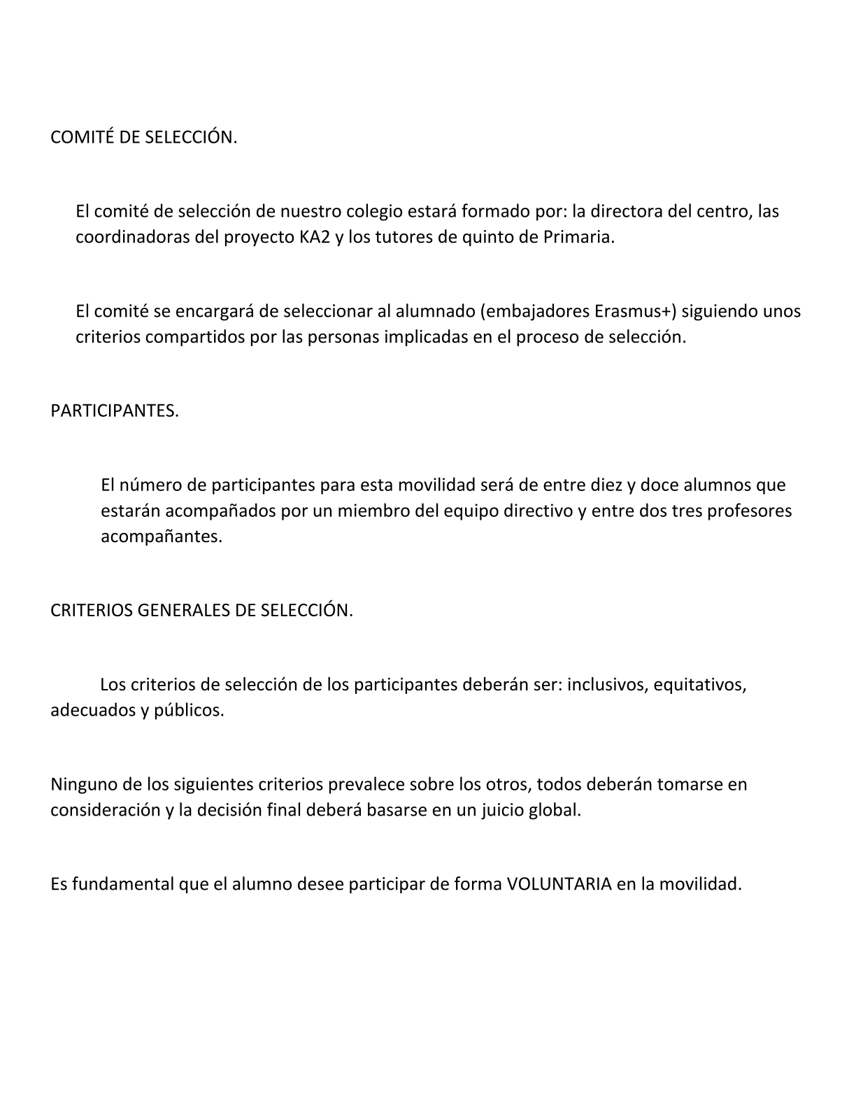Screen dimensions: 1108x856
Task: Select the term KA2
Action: coord(304,237)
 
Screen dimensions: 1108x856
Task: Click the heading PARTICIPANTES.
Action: coord(115,411)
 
